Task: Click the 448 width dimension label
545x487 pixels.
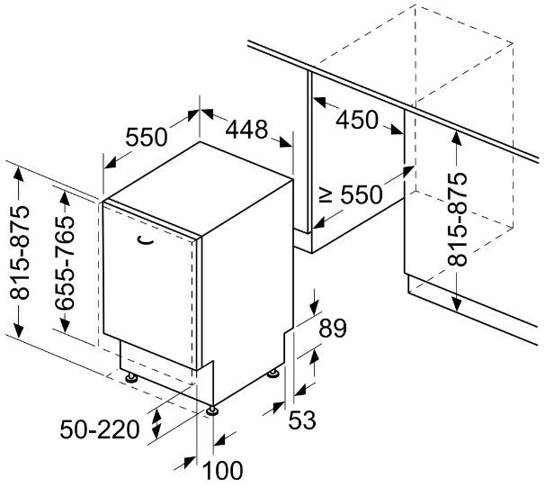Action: [246, 130]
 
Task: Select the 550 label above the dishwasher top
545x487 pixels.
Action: [147, 137]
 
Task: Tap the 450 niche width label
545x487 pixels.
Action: [357, 120]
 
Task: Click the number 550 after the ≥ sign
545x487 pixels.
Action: [362, 194]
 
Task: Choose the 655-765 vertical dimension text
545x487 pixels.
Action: [65, 263]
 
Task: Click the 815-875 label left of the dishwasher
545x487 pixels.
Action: [19, 253]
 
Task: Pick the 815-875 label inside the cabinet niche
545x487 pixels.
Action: [457, 219]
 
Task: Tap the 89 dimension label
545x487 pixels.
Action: [333, 328]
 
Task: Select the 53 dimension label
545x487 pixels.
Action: [302, 419]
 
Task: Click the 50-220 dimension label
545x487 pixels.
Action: [100, 429]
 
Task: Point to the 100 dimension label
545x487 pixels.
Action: [222, 471]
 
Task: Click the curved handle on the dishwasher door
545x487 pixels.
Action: [146, 240]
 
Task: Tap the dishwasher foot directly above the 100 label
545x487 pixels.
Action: [212, 411]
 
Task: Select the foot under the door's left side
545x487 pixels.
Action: [131, 377]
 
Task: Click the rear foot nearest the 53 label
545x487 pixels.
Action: [272, 374]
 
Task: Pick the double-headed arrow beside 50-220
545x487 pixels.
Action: [156, 424]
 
